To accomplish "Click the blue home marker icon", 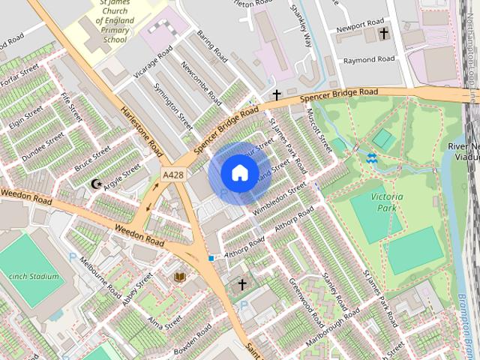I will click(239, 173).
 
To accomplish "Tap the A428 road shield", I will click(172, 175).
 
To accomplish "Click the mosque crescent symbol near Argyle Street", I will click(95, 184).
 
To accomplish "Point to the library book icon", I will click(179, 277).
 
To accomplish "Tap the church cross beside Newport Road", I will click(384, 34).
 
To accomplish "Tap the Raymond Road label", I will click(368, 59).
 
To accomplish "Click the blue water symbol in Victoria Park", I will click(371, 157).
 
